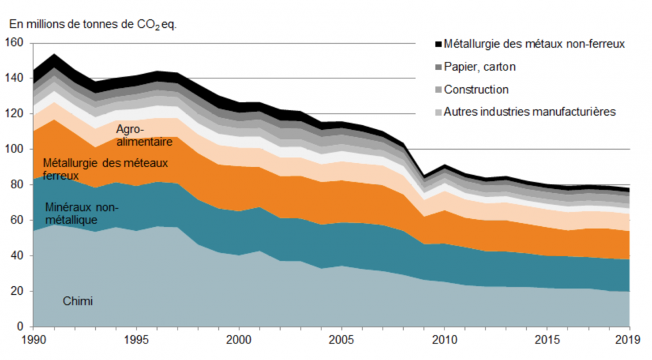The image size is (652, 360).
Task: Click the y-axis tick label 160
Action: [x=15, y=43]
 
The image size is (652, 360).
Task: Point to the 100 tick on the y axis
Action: [x=15, y=150]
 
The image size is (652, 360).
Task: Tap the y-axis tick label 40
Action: [x=17, y=256]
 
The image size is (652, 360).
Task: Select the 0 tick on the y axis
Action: [x=20, y=327]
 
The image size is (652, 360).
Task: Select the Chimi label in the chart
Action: [x=78, y=301]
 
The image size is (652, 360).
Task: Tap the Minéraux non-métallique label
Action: [x=81, y=214]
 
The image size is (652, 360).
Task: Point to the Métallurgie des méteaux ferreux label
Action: [x=105, y=169]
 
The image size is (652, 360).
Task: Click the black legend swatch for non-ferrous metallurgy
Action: [x=438, y=45]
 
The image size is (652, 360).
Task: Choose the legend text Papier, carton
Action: [x=479, y=67]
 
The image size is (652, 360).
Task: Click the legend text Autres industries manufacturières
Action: [x=530, y=112]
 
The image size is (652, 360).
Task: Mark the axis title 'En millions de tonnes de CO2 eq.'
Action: [x=93, y=25]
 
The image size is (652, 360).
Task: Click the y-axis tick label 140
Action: [x=15, y=79]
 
